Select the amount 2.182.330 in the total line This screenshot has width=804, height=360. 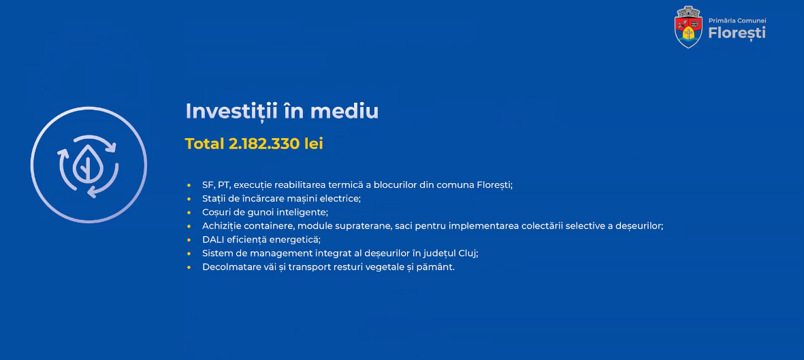point(264,144)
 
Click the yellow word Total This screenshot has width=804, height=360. point(205,144)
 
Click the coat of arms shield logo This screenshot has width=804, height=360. point(688,27)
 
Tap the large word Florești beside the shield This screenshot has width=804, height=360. point(737,33)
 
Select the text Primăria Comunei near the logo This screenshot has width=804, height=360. point(737,20)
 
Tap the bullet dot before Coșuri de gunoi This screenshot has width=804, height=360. point(189,212)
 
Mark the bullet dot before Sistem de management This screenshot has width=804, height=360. point(189,253)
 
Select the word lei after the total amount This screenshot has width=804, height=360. point(313,144)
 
